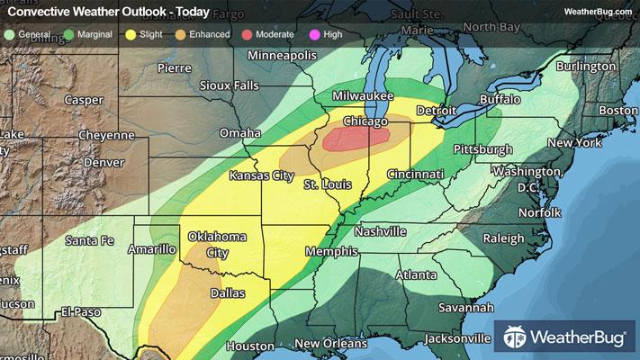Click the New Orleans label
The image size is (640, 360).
pyautogui.click(x=331, y=344)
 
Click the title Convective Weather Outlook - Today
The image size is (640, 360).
pyautogui.click(x=108, y=12)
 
